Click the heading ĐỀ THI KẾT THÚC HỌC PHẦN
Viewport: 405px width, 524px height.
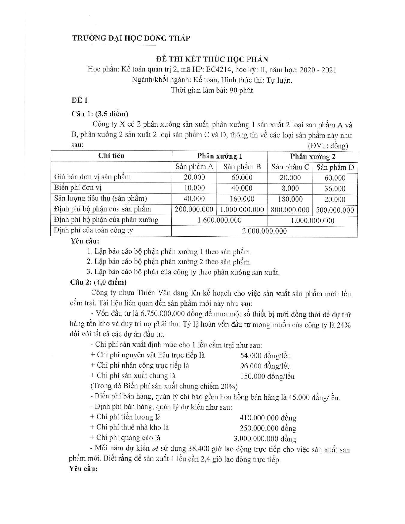coord(212,59)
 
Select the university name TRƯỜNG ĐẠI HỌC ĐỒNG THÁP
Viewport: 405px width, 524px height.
coord(131,38)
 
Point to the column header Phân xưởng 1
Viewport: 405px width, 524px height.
coord(220,156)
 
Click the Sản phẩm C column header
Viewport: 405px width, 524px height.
coord(290,167)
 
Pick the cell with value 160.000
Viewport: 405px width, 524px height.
coord(242,199)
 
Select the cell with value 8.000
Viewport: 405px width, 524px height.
coord(290,188)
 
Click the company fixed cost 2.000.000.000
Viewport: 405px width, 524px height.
coord(264,231)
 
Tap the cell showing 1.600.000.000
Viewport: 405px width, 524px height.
coord(219,220)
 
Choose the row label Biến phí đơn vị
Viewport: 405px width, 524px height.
coord(78,187)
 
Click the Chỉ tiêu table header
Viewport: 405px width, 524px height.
coord(111,156)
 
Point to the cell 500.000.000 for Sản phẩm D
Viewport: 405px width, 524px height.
coord(335,210)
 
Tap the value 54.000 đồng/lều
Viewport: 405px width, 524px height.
coord(265,355)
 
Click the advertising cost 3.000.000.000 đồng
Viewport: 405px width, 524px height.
coord(265,439)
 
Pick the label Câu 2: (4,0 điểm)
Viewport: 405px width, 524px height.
coord(99,282)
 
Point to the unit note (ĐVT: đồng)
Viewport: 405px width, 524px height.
coord(328,145)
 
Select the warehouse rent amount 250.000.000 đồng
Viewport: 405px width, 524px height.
coord(268,428)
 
